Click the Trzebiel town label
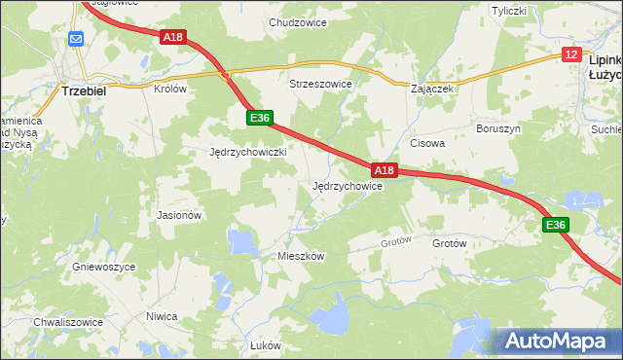click(x=83, y=89)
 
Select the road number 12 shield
click(x=571, y=56)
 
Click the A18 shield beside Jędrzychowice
click(x=385, y=170)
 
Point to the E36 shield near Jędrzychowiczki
click(x=258, y=118)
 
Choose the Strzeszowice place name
click(x=319, y=85)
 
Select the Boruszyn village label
click(x=498, y=128)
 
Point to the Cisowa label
click(x=427, y=143)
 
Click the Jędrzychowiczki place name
click(x=248, y=153)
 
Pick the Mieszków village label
click(x=300, y=256)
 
